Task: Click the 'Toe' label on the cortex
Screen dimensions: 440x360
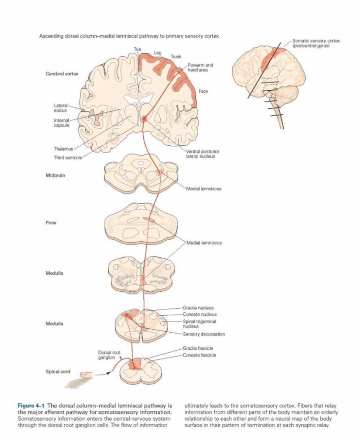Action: (137, 49)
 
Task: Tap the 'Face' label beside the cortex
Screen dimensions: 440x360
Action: (203, 92)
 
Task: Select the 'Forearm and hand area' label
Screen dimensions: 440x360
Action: (200, 67)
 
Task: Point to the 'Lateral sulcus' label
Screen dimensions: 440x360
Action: (60, 107)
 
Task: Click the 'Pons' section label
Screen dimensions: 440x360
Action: (51, 223)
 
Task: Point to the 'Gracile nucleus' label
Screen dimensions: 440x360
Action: (198, 308)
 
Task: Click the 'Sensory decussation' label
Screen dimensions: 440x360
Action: (204, 334)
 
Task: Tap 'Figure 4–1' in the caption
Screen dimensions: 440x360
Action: (31, 405)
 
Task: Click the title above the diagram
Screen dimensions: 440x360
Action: (128, 36)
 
